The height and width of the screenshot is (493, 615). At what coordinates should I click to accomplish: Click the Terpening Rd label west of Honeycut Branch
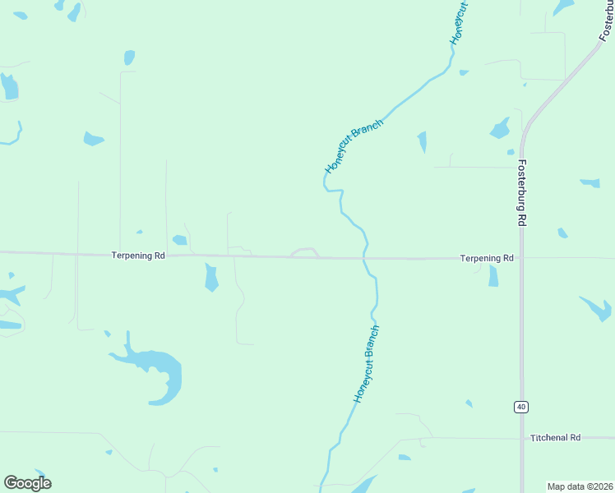pyautogui.click(x=138, y=256)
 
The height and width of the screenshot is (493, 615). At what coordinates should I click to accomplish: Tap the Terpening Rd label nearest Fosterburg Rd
pyautogui.click(x=487, y=258)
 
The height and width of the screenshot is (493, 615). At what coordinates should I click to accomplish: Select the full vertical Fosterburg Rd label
pyautogui.click(x=522, y=193)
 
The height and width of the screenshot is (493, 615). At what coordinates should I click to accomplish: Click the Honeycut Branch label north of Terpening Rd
pyautogui.click(x=354, y=146)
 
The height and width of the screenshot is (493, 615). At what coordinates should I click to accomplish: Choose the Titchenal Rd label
pyautogui.click(x=556, y=438)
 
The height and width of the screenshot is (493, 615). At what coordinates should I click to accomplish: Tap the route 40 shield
pyautogui.click(x=521, y=407)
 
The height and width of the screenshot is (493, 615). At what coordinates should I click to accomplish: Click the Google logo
pyautogui.click(x=27, y=482)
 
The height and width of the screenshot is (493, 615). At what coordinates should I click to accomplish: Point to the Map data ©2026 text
pyautogui.click(x=580, y=486)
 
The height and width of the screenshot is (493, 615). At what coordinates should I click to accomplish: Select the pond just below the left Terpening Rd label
pyautogui.click(x=211, y=277)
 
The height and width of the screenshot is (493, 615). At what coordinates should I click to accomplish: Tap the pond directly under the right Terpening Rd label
pyautogui.click(x=493, y=276)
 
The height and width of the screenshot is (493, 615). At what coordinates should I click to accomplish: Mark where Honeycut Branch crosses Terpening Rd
pyautogui.click(x=364, y=258)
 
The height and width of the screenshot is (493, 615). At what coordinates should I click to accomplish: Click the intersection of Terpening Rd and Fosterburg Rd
pyautogui.click(x=521, y=258)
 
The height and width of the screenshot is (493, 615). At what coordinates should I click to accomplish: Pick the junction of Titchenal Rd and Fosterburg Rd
pyautogui.click(x=521, y=439)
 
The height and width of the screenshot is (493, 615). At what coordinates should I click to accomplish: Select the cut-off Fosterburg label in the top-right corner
pyautogui.click(x=605, y=20)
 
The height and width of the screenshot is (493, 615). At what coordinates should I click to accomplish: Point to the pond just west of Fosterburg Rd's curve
pyautogui.click(x=500, y=129)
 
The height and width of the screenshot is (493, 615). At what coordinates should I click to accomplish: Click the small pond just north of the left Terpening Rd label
pyautogui.click(x=179, y=240)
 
